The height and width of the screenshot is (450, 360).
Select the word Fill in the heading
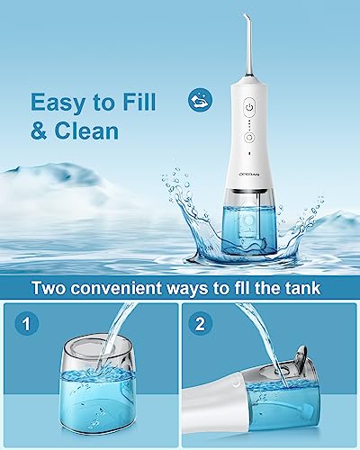click(x=137, y=101)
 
